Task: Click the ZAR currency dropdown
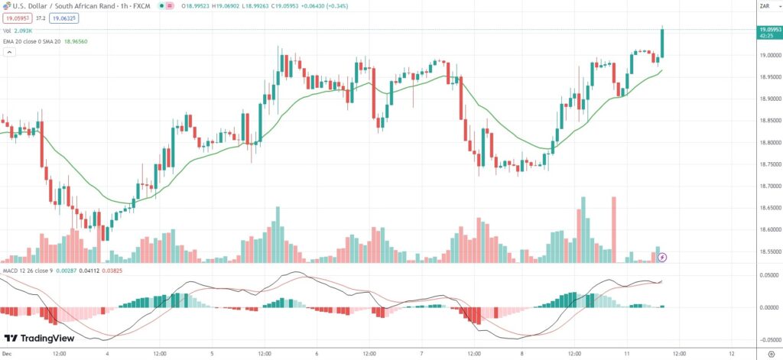pyautogui.click(x=763, y=6)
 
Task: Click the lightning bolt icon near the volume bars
pyautogui.click(x=663, y=257)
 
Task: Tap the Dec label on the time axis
pyautogui.click(x=7, y=354)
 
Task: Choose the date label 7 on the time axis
pyautogui.click(x=421, y=354)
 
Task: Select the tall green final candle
pyautogui.click(x=662, y=43)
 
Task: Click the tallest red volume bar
pyautogui.click(x=613, y=229)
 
